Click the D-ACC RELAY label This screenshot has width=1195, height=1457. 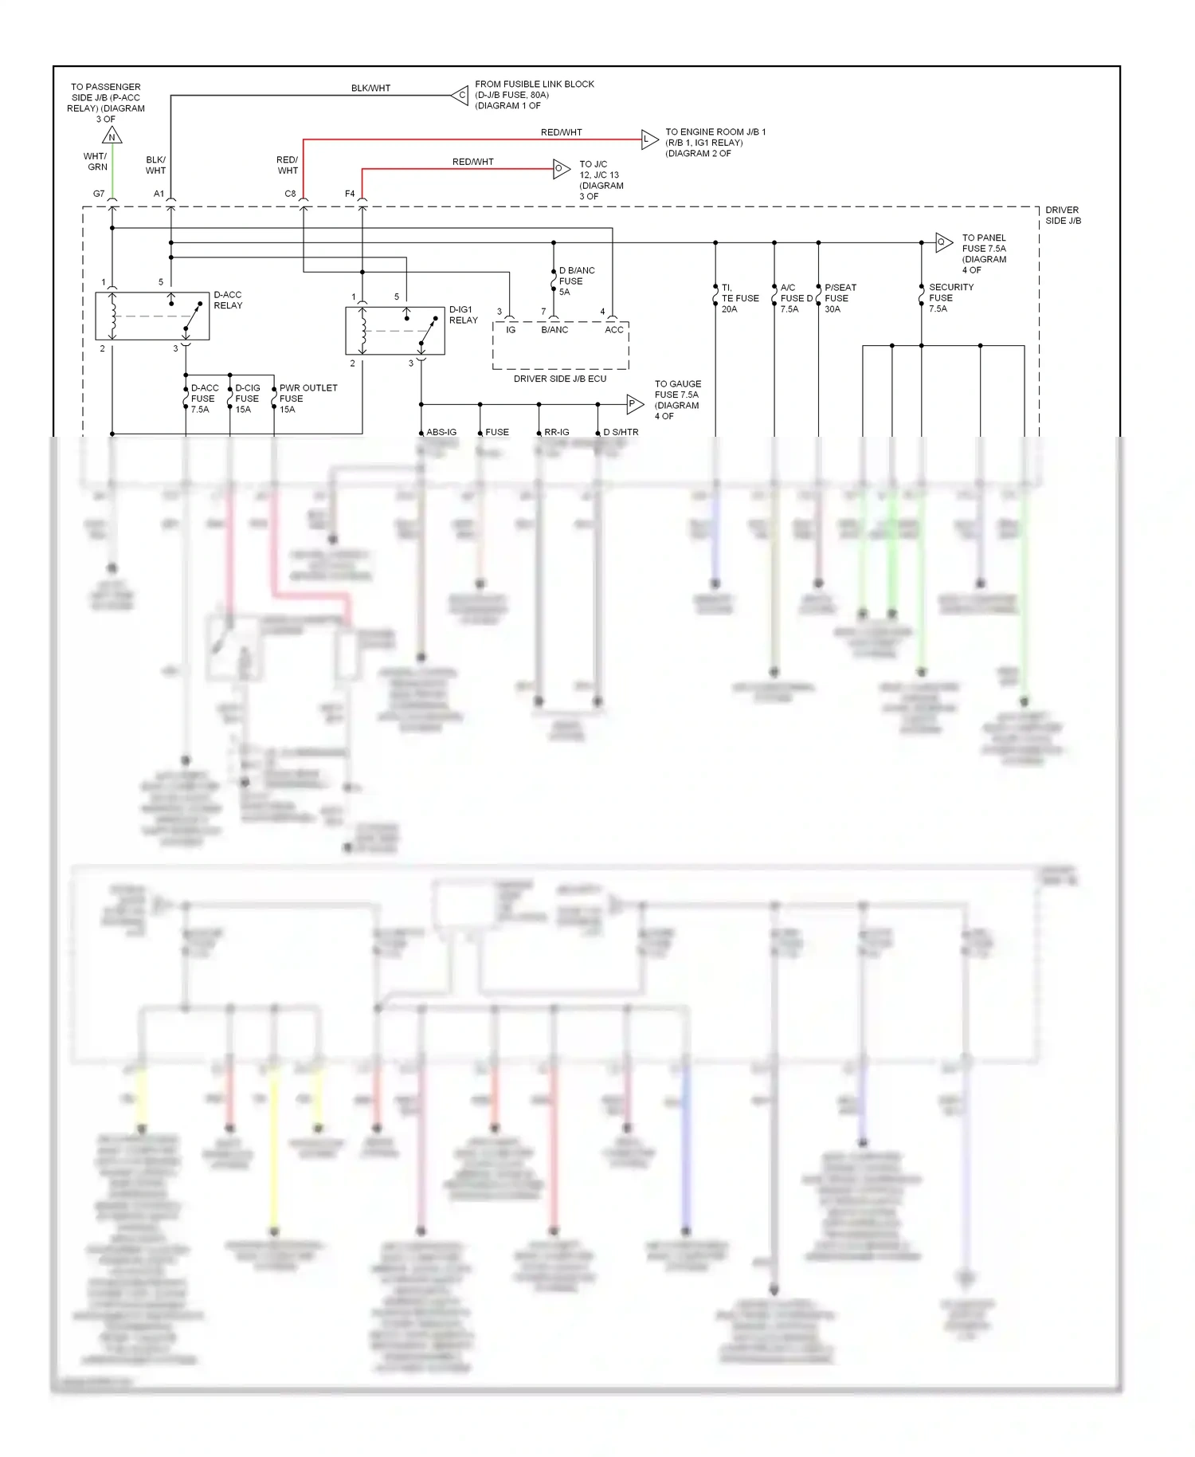228,300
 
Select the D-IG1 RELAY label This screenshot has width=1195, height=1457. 463,315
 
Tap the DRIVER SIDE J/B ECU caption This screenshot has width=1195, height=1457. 559,379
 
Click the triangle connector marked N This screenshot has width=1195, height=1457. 112,136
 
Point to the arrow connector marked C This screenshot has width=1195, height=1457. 460,96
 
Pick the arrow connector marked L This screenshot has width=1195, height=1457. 649,139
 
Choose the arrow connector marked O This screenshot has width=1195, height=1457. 562,169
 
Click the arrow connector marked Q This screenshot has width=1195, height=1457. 943,242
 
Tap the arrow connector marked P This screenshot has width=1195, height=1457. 634,404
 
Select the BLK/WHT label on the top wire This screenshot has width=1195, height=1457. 370,88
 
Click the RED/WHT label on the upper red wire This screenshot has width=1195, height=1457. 561,132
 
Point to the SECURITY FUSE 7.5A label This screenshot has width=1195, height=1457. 950,298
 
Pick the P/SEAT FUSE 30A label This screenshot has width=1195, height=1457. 840,298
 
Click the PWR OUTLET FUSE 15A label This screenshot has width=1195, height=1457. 308,399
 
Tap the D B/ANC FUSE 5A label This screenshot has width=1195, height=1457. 576,281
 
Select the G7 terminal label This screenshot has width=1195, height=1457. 99,194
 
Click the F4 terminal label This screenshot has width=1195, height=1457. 350,194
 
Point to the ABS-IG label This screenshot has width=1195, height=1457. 441,432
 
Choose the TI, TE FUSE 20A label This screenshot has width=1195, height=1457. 739,298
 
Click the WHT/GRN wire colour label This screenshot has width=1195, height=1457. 96,162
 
